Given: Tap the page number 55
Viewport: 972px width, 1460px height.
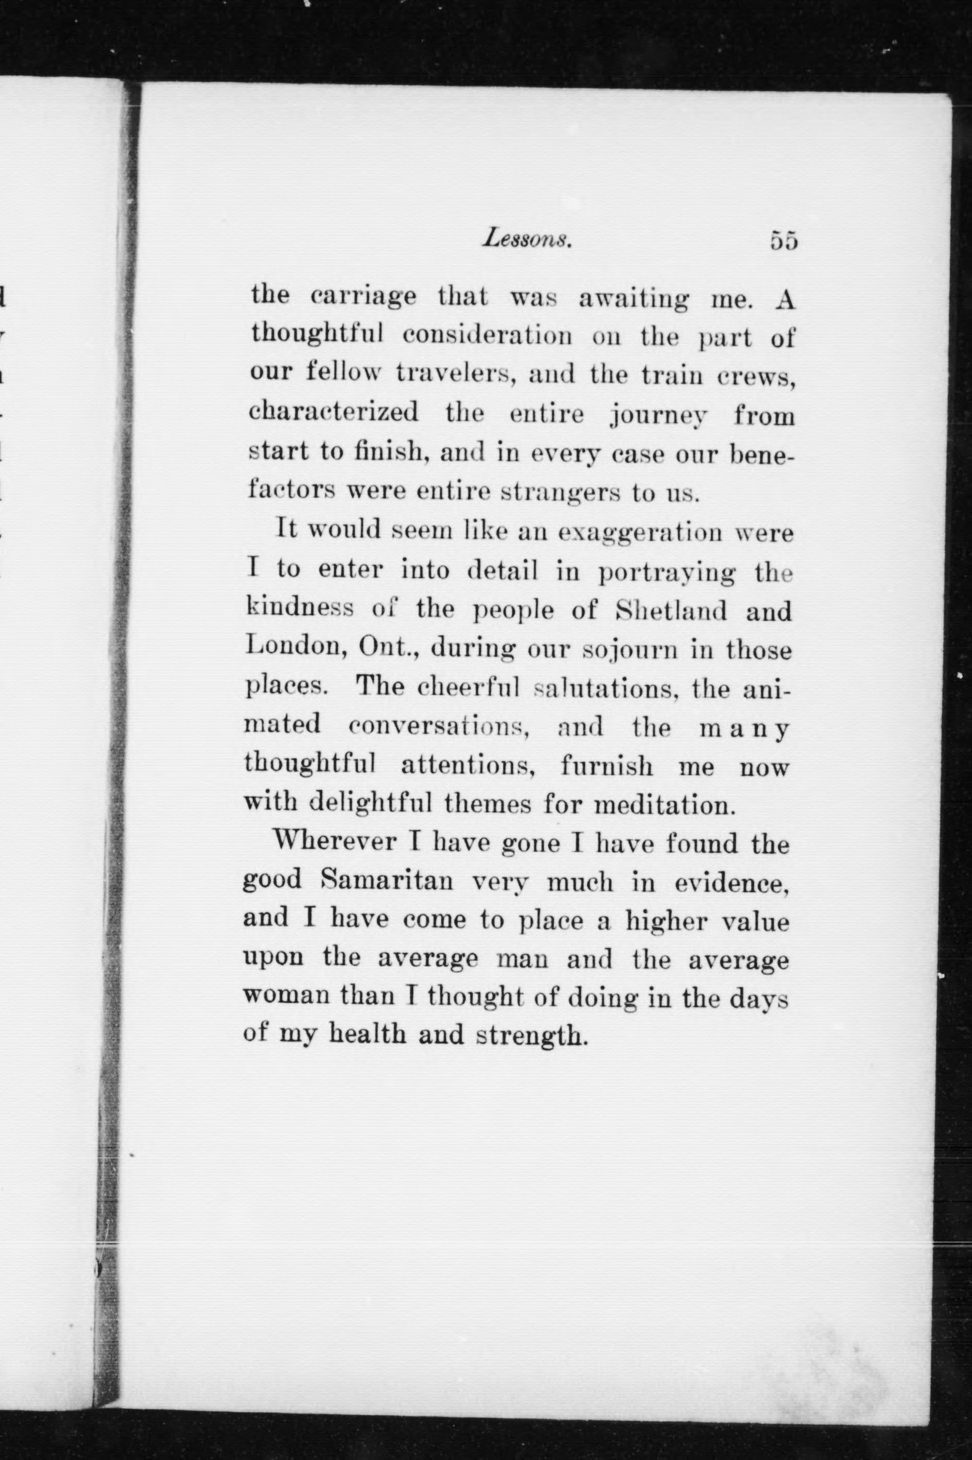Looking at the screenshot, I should click(x=783, y=240).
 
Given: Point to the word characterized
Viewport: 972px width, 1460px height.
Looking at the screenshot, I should click(x=333, y=412).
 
